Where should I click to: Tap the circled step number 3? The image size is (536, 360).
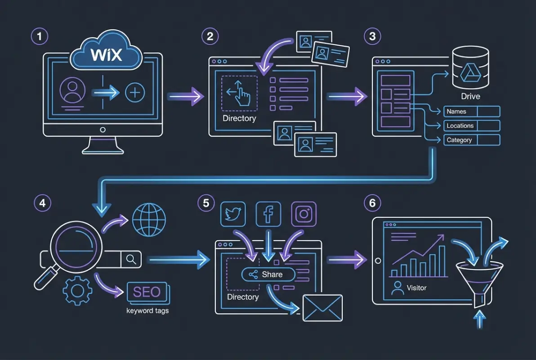(372, 36)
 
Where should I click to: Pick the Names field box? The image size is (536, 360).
(472, 112)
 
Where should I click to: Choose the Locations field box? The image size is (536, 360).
(472, 126)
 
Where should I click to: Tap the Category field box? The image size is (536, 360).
(472, 140)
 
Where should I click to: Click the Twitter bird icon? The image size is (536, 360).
(232, 214)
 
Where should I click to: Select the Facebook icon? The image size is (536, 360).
(268, 214)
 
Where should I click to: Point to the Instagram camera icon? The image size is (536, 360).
(304, 214)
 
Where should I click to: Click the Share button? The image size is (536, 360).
(268, 274)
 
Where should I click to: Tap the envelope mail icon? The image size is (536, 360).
(322, 308)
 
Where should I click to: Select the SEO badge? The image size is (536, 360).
(147, 292)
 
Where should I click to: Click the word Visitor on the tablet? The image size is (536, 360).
(416, 288)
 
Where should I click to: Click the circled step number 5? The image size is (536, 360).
(206, 203)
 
